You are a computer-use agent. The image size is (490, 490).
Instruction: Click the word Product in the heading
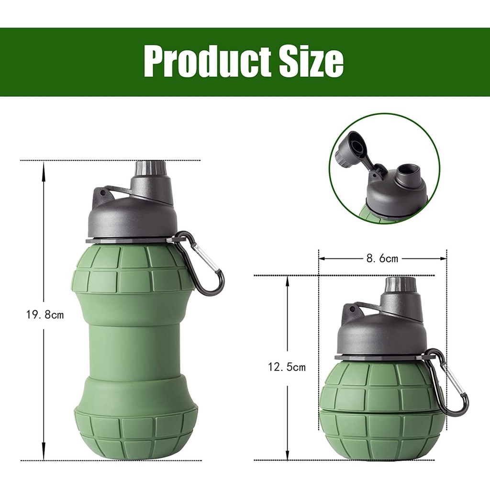[x=204, y=60]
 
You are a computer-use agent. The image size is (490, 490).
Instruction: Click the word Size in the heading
[x=307, y=60]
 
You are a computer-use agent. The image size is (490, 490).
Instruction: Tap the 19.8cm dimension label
[x=45, y=315]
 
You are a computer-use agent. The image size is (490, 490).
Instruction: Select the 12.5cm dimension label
[x=287, y=367]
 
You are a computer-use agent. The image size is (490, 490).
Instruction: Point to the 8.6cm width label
[x=382, y=258]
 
